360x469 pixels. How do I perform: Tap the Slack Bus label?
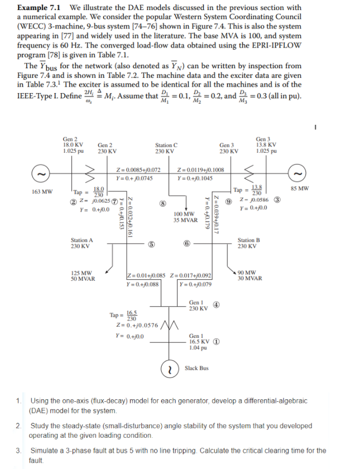coord(197,368)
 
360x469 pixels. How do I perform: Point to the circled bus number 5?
coord(151,244)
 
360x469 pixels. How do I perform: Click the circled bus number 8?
coord(164,203)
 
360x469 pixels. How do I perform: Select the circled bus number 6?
coord(187,244)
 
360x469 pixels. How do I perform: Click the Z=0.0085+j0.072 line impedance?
coord(139,171)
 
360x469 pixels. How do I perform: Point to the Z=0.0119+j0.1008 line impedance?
coord(201,171)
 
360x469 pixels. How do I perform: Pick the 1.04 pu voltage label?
coord(197,346)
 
